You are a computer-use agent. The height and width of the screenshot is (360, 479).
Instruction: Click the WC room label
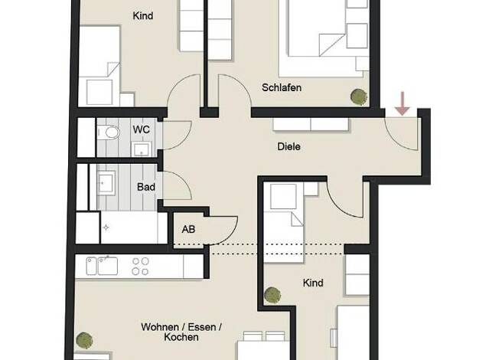click(x=141, y=129)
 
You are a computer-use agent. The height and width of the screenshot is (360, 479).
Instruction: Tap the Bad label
click(x=146, y=187)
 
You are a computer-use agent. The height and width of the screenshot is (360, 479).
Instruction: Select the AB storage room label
click(x=188, y=229)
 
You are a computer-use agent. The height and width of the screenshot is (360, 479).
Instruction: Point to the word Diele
click(x=288, y=146)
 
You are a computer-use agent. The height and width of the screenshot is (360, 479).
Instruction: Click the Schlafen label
click(x=282, y=87)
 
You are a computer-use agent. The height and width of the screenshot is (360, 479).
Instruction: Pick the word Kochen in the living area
click(x=181, y=337)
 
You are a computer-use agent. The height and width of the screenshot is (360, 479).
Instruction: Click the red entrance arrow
click(x=402, y=103)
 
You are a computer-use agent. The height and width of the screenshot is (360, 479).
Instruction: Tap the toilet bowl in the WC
click(x=109, y=133)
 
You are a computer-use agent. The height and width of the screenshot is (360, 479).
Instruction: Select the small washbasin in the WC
click(x=142, y=149)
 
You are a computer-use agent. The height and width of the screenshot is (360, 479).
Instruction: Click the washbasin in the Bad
click(x=106, y=183)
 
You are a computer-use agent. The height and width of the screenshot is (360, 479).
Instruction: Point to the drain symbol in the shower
click(x=106, y=227)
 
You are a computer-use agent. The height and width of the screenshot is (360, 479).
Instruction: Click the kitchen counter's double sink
click(x=102, y=266)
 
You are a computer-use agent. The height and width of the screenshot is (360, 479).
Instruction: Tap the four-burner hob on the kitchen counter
click(x=141, y=266)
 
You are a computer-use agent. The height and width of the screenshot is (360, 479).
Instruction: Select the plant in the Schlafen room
click(x=359, y=97)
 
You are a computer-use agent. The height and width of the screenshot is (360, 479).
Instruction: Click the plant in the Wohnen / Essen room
click(x=84, y=340)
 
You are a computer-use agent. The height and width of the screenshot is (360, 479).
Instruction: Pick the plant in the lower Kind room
click(x=272, y=295)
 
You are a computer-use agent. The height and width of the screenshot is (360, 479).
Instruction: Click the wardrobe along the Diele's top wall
click(x=311, y=125)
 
